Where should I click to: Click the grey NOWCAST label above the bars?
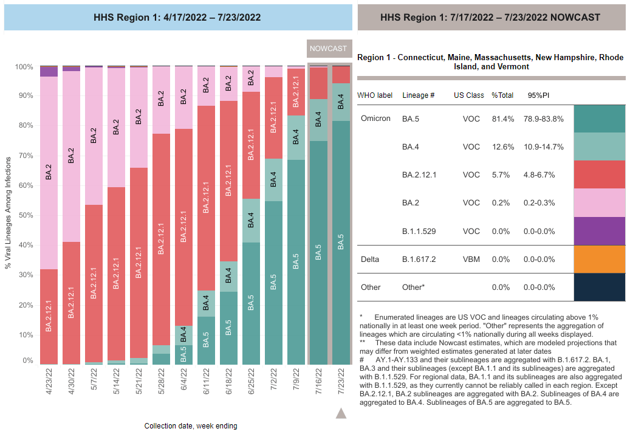coord(328,49)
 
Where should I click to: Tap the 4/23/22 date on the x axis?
coord(49,380)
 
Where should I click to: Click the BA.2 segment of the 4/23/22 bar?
coord(49,171)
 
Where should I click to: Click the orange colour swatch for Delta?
coord(599,260)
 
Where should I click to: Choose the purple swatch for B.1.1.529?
coord(599,231)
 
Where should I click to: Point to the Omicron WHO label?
coord(375,119)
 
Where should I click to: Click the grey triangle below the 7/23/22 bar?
coord(341,414)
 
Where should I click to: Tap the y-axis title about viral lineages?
coord(9,216)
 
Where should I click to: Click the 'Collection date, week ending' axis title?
coord(191,426)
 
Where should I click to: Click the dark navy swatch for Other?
coord(599,287)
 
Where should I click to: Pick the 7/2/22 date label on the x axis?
coord(273,380)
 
